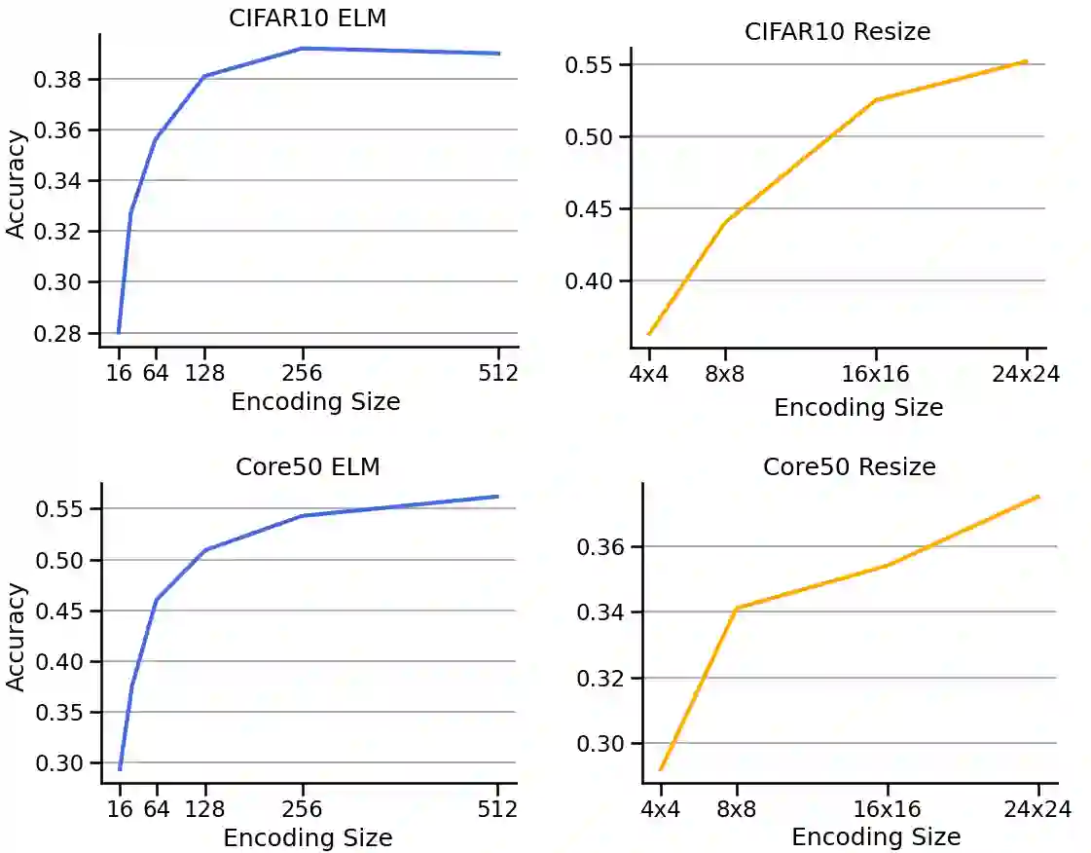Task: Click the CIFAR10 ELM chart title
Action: click(307, 18)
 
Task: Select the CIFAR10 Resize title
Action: click(837, 31)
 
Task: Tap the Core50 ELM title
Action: click(308, 466)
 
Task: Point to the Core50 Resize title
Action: click(849, 466)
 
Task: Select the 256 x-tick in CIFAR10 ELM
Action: click(303, 373)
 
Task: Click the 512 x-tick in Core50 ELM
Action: click(497, 809)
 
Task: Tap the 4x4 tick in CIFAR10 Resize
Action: click(648, 374)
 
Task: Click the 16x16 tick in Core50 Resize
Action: click(887, 809)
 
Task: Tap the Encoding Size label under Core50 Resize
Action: click(876, 836)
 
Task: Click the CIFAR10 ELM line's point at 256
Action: click(303, 48)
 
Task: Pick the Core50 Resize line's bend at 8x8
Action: click(737, 608)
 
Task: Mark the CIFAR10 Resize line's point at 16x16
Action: click(876, 99)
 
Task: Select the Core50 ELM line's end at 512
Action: click(497, 497)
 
